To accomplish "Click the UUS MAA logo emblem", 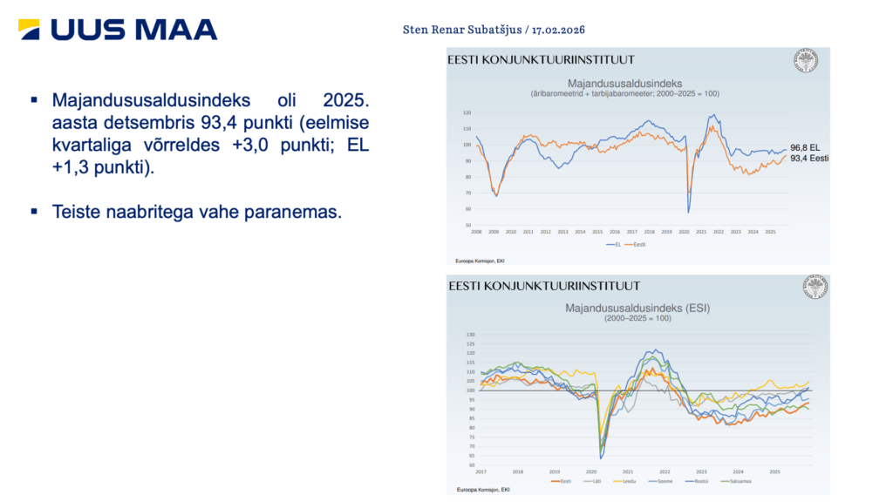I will click(29, 29).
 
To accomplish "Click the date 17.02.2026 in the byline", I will click(557, 30).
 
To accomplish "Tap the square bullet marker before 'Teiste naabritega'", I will click(34, 212).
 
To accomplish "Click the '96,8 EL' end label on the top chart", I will click(806, 148).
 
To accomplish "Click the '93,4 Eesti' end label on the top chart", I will click(808, 158).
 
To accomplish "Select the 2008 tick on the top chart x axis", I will click(477, 233).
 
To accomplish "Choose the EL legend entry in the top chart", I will click(615, 245).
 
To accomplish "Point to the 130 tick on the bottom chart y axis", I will click(472, 334).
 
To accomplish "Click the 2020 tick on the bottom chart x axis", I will click(591, 471).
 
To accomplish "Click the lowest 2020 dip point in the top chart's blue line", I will click(689, 212).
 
